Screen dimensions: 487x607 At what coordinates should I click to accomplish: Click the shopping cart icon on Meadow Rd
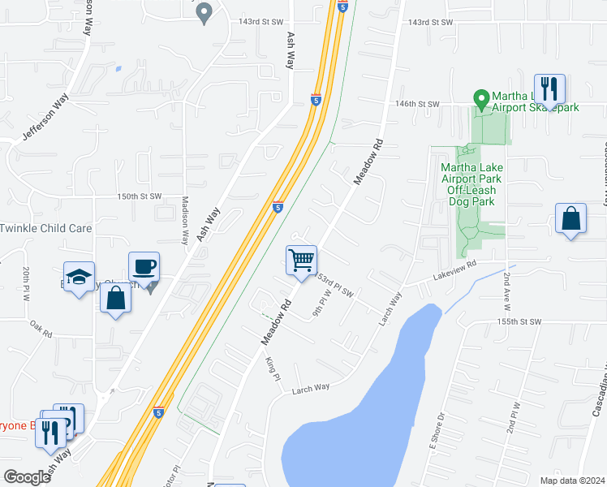tap(301, 261)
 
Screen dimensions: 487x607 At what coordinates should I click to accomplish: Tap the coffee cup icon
tap(144, 266)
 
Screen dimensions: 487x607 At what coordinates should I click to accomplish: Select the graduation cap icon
tap(79, 277)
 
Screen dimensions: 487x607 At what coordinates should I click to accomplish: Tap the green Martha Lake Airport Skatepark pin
tap(480, 100)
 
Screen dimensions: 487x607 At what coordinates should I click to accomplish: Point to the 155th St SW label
tap(519, 322)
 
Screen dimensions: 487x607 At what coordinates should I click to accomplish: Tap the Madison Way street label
tap(185, 220)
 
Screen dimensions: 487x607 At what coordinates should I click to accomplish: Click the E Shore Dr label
tap(437, 429)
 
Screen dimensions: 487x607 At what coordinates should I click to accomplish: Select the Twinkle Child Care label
tap(46, 228)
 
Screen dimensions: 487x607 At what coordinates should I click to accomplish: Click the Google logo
tap(27, 477)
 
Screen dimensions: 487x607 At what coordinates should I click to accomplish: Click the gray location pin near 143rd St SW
tap(204, 12)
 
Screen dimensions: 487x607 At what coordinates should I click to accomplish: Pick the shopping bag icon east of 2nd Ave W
tap(571, 219)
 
